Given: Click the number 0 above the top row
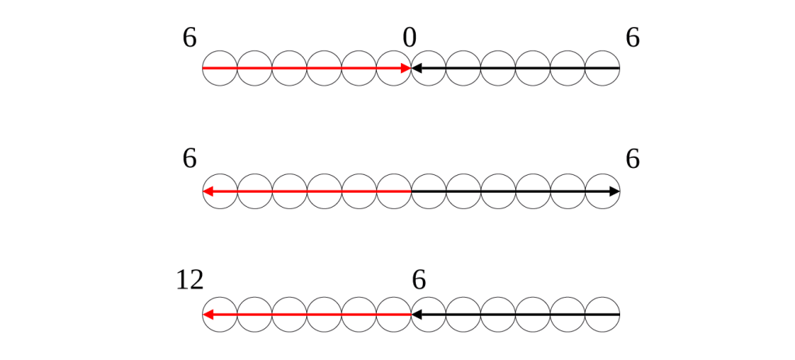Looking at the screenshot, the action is (410, 38).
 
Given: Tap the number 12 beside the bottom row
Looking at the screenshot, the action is (190, 281).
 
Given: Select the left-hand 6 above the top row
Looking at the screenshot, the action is (189, 38).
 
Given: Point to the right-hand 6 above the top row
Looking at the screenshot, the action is (633, 38).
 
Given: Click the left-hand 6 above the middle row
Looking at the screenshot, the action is (189, 159).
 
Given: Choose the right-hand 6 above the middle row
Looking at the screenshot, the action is (633, 159).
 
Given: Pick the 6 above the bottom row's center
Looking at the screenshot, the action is (419, 281).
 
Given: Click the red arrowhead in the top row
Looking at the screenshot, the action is (406, 68).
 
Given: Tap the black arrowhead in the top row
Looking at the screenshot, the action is (417, 68).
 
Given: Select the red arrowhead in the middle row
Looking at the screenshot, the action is (207, 191).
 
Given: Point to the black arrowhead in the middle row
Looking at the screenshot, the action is (614, 191).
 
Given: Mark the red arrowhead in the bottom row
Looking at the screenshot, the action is (207, 315).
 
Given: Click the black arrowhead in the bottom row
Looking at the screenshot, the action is (417, 315).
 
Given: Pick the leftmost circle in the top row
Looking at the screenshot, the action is (219, 68).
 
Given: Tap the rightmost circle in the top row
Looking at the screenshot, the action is (602, 68).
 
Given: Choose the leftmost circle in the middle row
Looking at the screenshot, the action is (219, 191).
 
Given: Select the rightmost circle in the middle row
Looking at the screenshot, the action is (602, 191).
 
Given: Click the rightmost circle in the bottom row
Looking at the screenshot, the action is (602, 315).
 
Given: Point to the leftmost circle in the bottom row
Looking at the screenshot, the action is (219, 315).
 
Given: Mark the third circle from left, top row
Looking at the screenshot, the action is (289, 68).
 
